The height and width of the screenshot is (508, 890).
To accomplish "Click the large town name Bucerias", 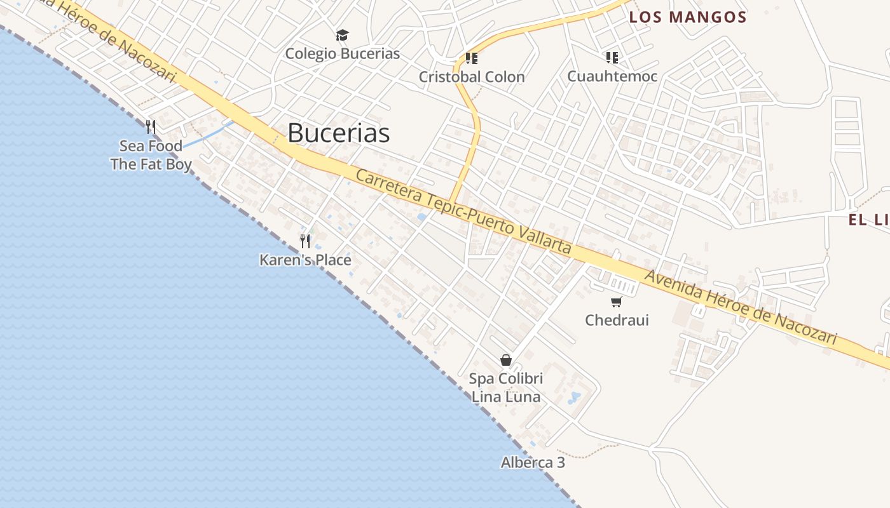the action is coord(338,133).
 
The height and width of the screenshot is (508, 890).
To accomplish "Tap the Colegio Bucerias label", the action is coord(342,53).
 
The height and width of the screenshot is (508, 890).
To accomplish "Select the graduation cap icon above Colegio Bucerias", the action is coord(342,35).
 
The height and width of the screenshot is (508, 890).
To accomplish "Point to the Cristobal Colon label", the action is coord(472,77).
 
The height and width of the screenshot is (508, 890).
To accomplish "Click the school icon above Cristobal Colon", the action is coord(471,58).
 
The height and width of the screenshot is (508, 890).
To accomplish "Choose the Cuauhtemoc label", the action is coord(612,77).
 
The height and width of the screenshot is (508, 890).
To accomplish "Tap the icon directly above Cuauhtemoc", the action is coord(612,58).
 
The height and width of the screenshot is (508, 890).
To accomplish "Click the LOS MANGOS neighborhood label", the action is coord(687,17).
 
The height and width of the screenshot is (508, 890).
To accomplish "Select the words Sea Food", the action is coord(151,146).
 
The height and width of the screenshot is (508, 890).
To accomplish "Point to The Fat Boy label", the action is coord(151,164).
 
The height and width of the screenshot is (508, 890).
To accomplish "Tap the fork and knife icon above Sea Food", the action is coord(151,127).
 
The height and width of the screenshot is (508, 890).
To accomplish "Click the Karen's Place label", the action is coord(305,260).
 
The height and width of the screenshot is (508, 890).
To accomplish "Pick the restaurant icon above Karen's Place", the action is coord(305,241).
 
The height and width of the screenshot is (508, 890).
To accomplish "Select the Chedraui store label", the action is coord(617,320).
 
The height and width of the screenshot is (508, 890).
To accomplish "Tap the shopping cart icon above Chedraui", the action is coord(616,302).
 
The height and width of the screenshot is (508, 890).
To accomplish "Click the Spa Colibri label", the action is coord(506,379).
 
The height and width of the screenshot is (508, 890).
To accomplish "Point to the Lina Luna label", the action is coord(506,398).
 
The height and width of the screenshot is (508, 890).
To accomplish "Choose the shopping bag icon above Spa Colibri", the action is coord(506,360).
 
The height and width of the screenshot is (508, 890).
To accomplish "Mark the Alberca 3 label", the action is coord(533,462).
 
